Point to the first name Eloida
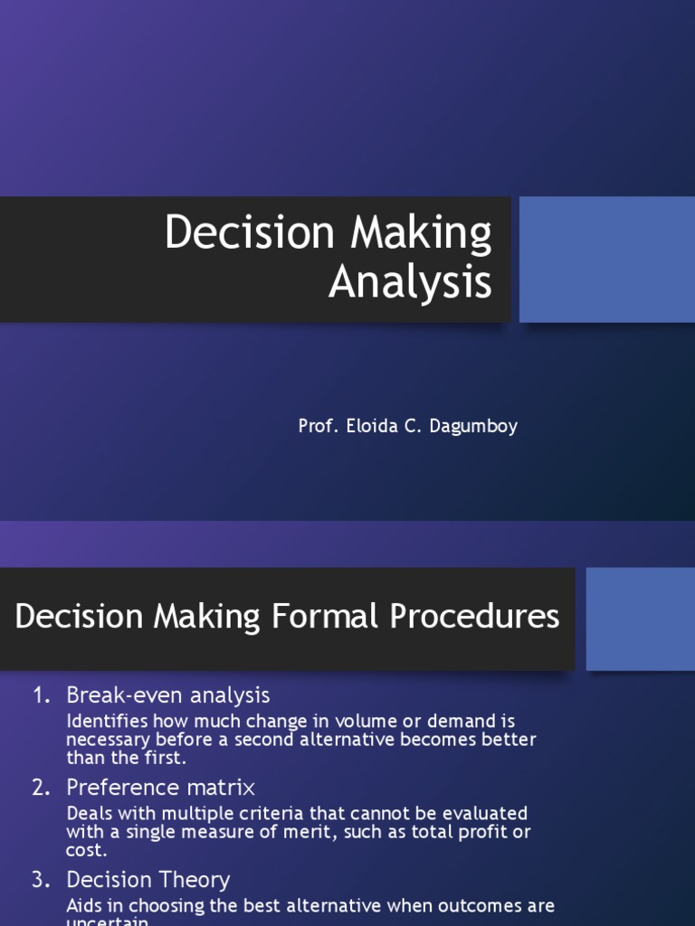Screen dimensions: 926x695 (x=370, y=426)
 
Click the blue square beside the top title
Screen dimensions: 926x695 (x=606, y=260)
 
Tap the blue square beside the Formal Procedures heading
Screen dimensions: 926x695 (x=640, y=619)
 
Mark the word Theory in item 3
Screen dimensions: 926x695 (x=200, y=880)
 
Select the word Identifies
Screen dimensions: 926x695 (x=108, y=722)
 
